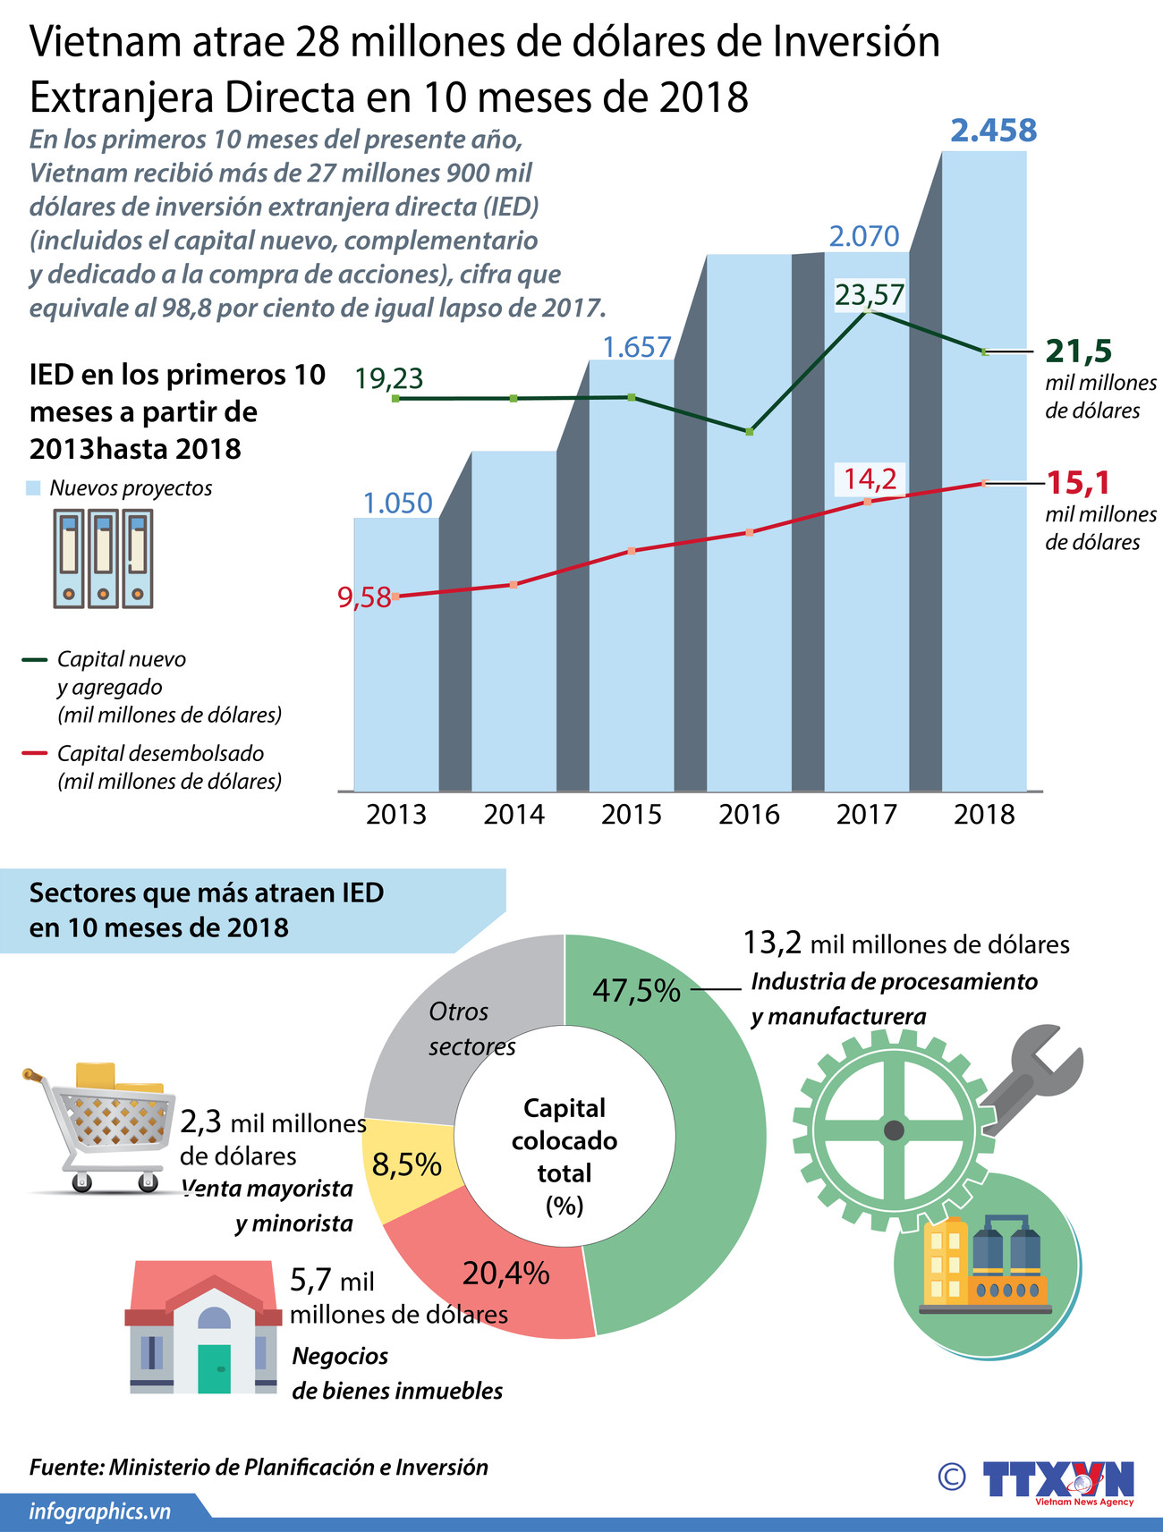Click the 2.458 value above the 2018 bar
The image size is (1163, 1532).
(x=993, y=131)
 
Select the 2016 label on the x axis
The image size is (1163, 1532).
(x=749, y=814)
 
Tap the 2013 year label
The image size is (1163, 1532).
(x=396, y=814)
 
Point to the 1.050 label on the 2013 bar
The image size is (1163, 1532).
(x=397, y=503)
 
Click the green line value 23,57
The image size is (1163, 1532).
(x=870, y=294)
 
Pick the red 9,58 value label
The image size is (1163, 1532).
(x=365, y=597)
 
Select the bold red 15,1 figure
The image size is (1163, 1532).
(x=1078, y=483)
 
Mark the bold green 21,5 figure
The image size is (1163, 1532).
(x=1078, y=351)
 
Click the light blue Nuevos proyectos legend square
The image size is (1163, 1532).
(x=34, y=488)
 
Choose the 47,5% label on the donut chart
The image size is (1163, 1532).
(x=636, y=991)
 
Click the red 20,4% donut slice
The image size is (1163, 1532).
(x=505, y=1273)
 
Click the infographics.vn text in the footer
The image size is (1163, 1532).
(x=99, y=1511)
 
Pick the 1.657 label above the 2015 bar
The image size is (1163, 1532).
(x=636, y=347)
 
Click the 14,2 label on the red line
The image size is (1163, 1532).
(x=870, y=478)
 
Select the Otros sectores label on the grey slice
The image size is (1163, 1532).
(x=471, y=1028)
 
